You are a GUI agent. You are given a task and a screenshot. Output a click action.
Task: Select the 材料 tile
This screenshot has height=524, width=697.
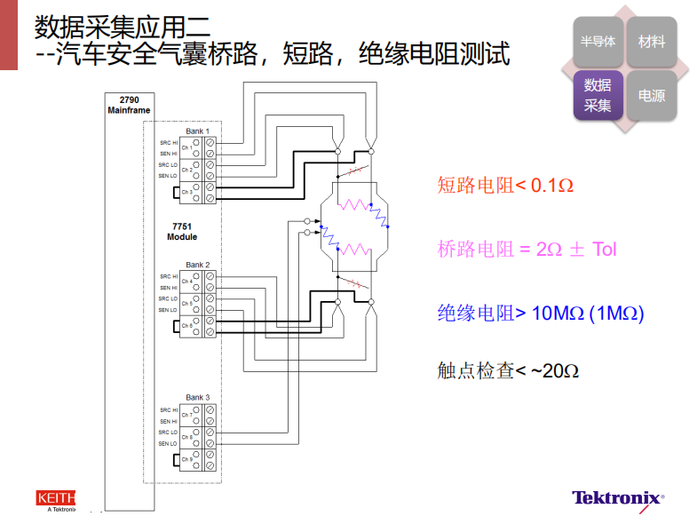(651, 42)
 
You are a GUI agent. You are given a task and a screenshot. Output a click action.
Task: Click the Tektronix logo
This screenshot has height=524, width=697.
(617, 498)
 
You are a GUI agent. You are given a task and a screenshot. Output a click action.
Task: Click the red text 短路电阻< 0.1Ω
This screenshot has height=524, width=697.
(505, 186)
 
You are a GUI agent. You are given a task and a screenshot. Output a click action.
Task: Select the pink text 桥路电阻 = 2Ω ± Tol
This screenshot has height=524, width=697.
(527, 249)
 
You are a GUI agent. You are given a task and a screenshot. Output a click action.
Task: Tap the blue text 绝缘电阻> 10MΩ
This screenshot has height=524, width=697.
(540, 313)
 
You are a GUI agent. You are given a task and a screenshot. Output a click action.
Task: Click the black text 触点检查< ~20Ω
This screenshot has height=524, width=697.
(508, 370)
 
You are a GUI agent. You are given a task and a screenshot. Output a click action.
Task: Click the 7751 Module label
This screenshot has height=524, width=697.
(181, 232)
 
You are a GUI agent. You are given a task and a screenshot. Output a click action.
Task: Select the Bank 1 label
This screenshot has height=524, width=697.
(197, 131)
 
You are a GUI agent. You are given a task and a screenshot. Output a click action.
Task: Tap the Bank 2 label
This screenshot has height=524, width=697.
(197, 265)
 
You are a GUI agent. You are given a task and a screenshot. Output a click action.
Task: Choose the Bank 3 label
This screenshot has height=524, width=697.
(197, 397)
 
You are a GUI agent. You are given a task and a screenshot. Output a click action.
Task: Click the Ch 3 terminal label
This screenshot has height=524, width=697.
(186, 192)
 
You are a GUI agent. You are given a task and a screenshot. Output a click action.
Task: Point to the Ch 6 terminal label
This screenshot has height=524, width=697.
(186, 326)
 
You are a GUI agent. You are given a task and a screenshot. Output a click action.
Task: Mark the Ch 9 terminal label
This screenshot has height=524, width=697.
(186, 459)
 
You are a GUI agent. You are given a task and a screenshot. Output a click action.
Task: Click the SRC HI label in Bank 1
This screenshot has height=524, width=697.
(168, 142)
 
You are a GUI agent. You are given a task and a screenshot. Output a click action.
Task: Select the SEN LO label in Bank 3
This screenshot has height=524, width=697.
(168, 443)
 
